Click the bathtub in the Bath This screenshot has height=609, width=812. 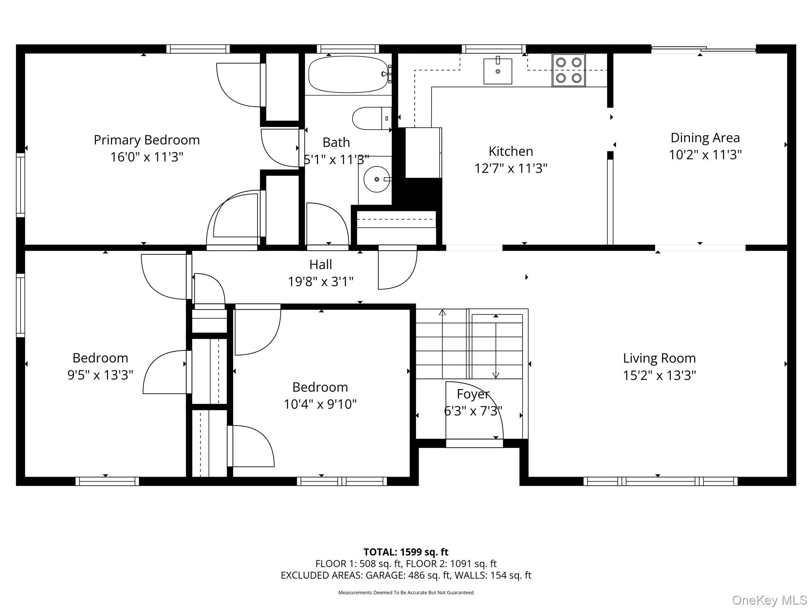coord(348,74)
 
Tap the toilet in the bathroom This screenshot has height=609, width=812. coord(372,118)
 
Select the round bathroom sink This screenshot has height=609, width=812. coord(377,179)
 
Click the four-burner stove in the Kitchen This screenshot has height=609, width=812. coord(569,70)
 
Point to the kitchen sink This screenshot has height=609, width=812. coord(498,71)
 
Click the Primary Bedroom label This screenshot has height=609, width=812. coord(147,140)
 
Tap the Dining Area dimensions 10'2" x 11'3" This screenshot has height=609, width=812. coord(705,155)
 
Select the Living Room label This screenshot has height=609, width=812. coord(659,358)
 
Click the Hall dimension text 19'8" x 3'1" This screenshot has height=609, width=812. coord(321,282)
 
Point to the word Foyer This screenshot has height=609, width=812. coord(473,394)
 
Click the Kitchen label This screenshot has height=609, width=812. coord(511,151)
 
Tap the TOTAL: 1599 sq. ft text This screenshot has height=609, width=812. coord(406,552)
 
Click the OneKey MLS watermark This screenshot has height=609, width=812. coord(770,600)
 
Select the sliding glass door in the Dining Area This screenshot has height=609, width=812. coord(704,50)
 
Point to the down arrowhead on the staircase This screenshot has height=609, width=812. coord(496,375)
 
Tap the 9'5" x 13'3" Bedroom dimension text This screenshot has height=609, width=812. coord(100,375)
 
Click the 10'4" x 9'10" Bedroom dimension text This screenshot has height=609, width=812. coord(320,404)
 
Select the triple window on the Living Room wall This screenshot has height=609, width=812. coord(661,481)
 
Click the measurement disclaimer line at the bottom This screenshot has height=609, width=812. coord(406,593)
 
